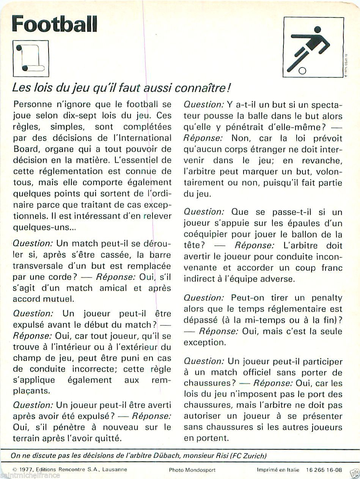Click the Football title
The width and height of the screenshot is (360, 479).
pyautogui.click(x=55, y=25)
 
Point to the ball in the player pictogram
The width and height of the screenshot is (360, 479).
pyautogui.click(x=303, y=70)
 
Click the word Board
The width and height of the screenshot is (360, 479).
pyautogui.click(x=25, y=149)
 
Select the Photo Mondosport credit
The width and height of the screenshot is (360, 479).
pyautogui.click(x=190, y=470)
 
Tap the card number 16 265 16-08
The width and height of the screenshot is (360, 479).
pyautogui.click(x=324, y=470)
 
